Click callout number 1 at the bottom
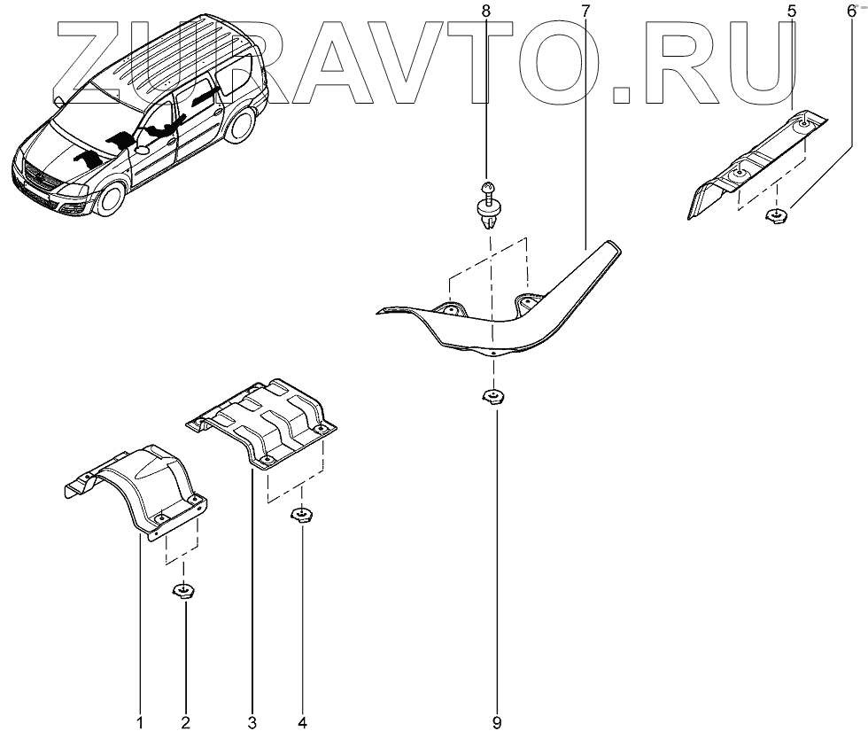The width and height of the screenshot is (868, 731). (x=139, y=722)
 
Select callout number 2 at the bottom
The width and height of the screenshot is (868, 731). (x=186, y=722)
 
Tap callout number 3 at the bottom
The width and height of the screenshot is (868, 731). (x=252, y=722)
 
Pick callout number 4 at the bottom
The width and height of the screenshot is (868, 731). (x=302, y=722)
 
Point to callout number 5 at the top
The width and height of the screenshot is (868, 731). (x=791, y=11)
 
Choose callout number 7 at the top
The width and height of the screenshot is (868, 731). (x=585, y=11)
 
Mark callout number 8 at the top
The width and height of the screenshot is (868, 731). (x=484, y=11)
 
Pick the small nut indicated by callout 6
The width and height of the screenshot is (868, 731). (x=777, y=214)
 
